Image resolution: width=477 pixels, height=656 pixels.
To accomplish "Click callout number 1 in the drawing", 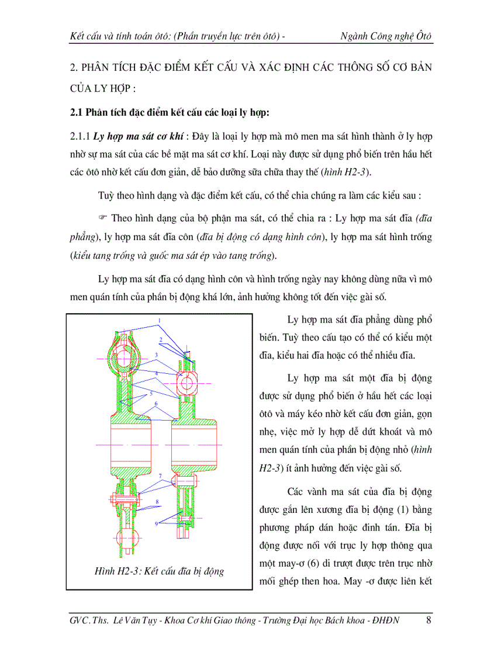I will coord(159,321).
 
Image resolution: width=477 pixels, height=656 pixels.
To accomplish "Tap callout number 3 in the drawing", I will coord(157,355).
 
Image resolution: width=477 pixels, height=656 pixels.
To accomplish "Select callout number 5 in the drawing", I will coord(151,393).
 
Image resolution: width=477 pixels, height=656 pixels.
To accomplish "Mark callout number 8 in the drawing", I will coord(157,502).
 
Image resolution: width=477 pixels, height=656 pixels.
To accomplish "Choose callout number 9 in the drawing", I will coord(157,523).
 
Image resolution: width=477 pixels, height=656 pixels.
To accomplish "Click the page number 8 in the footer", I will coord(429,620).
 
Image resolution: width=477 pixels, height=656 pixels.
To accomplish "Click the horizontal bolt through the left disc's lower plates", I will coord(124,500).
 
